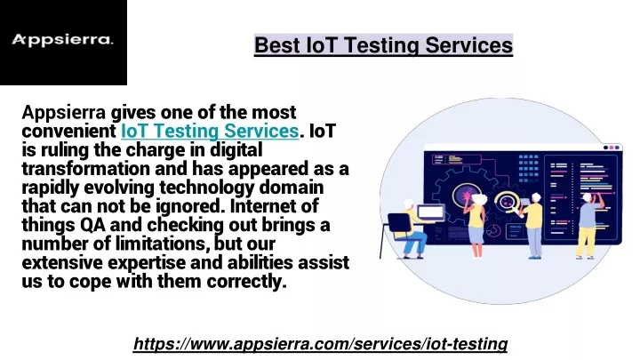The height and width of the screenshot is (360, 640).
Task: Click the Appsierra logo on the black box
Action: click(x=62, y=40)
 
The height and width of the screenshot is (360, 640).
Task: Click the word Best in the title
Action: click(x=276, y=45)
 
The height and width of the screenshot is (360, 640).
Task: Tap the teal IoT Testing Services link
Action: click(x=210, y=132)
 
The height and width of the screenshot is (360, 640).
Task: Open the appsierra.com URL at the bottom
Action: click(x=320, y=344)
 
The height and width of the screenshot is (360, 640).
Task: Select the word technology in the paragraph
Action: click(x=207, y=188)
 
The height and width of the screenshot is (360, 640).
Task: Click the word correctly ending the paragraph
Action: click(x=246, y=282)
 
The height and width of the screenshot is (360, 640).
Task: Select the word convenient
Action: click(x=69, y=132)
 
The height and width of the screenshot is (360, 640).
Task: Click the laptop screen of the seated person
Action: click(x=430, y=212)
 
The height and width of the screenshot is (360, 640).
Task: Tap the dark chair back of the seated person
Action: click(x=399, y=223)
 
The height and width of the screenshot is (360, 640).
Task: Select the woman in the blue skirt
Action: click(x=476, y=225)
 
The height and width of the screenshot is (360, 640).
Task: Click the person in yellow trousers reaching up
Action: click(x=589, y=225)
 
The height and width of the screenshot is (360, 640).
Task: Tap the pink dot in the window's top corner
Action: click(x=612, y=148)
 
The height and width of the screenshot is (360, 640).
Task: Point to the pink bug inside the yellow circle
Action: click(x=466, y=195)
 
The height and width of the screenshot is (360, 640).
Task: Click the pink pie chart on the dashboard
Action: click(x=492, y=230)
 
